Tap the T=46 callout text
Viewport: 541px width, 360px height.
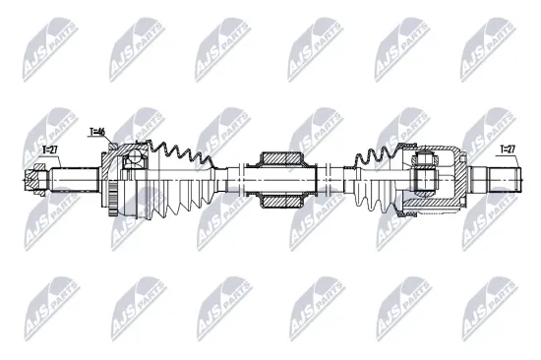(96, 132)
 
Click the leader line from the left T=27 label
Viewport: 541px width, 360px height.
(41, 162)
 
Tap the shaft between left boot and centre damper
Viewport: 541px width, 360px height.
(236, 180)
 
